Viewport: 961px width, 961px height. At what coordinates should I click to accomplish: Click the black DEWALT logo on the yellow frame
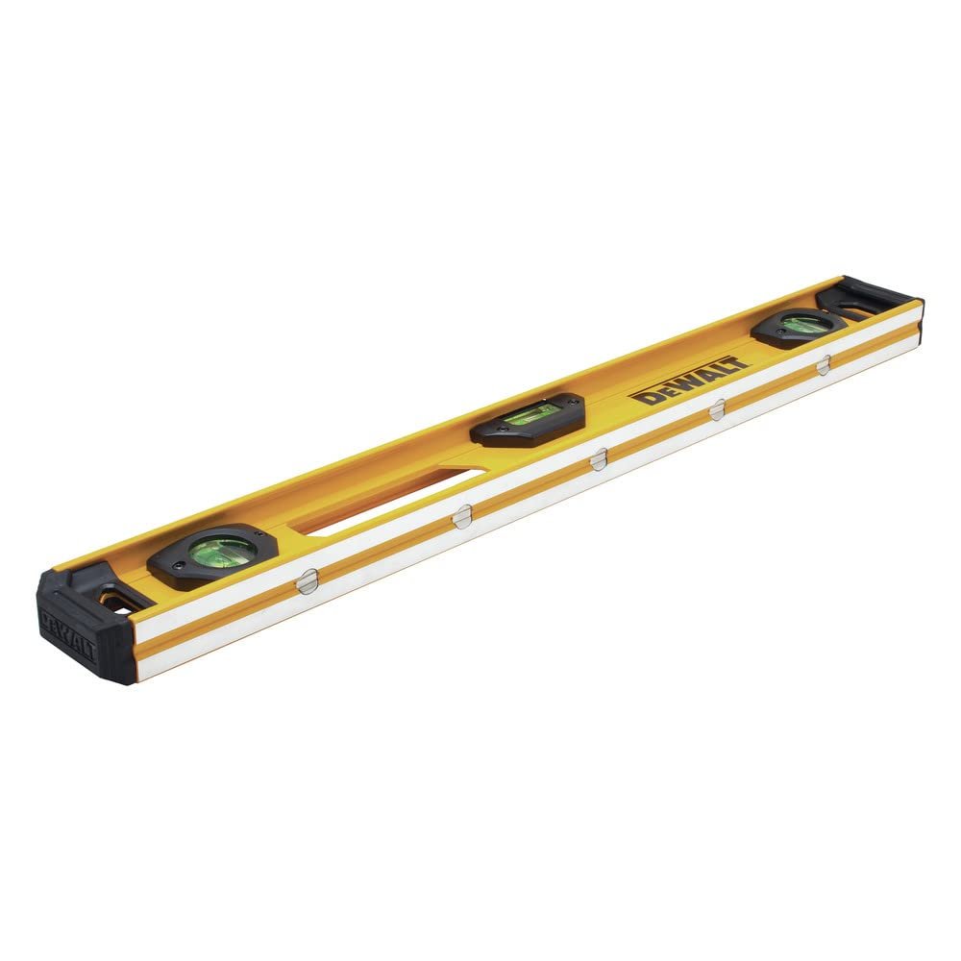click(x=689, y=381)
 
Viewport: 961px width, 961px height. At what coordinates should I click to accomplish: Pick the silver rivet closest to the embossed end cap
click(x=308, y=581)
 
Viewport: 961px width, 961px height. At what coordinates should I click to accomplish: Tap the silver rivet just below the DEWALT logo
click(x=717, y=410)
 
